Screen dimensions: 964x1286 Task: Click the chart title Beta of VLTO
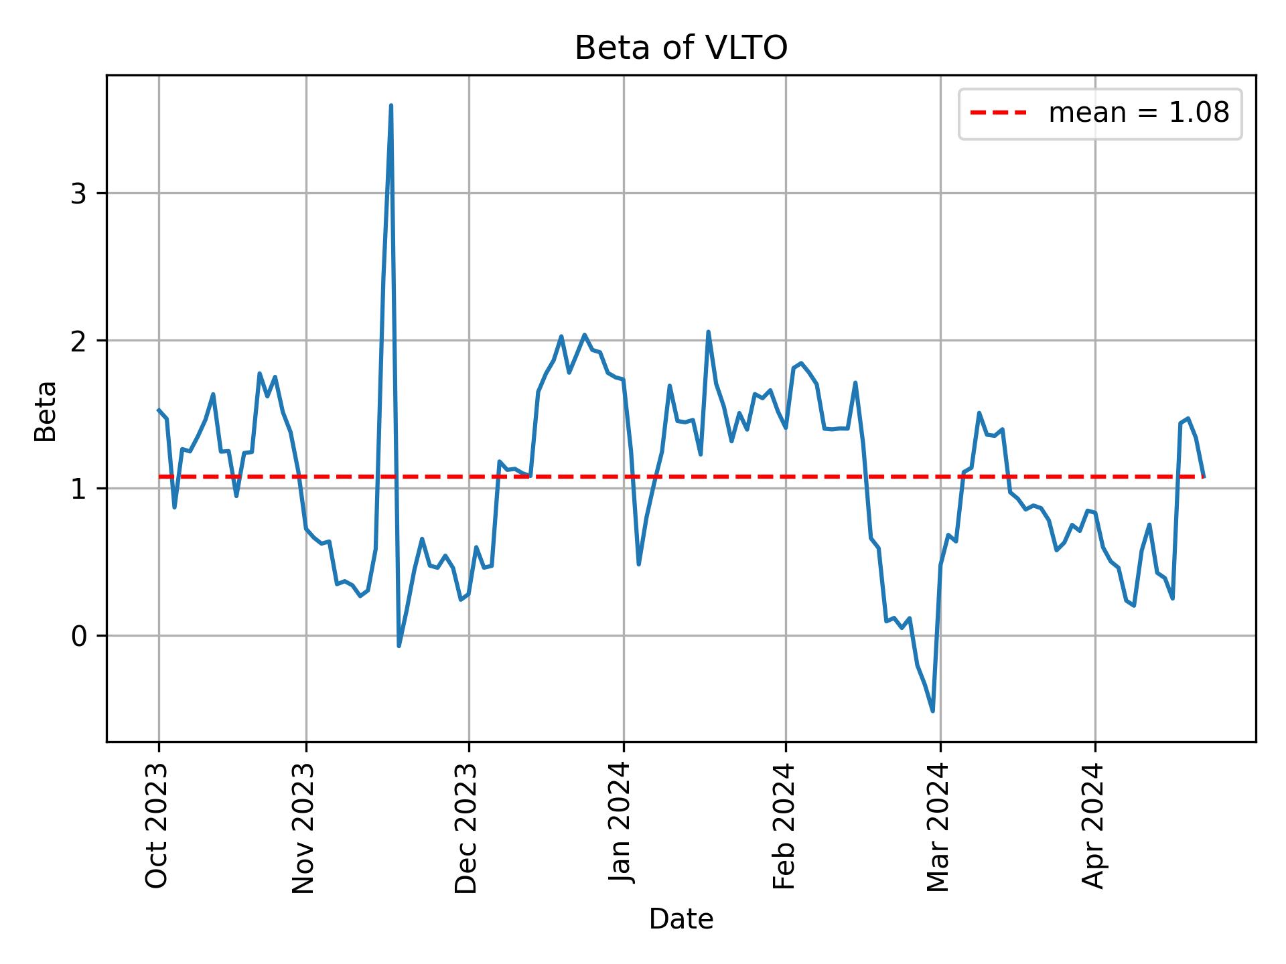click(681, 48)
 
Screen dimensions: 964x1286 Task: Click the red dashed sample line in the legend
click(998, 113)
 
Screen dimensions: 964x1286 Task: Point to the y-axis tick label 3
click(79, 194)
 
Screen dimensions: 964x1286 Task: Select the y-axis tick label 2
click(79, 341)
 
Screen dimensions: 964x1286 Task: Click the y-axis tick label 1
click(79, 489)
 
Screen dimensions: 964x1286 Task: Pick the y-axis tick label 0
click(79, 636)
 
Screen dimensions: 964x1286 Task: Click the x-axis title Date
click(681, 919)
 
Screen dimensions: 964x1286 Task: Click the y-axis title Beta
click(46, 411)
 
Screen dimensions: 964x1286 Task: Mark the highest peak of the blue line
click(390, 106)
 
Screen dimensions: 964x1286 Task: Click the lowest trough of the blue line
click(933, 711)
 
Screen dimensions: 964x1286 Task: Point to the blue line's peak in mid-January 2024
click(708, 332)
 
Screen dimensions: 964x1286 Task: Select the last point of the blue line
click(1204, 476)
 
